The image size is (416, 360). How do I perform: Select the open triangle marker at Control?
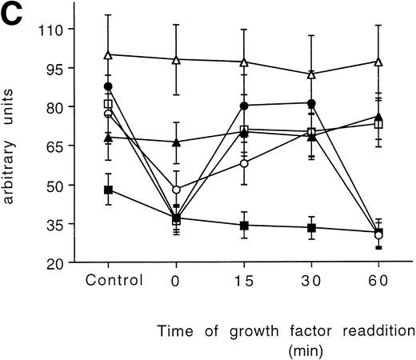pos(108,54)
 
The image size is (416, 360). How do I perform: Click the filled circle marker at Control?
pos(108,86)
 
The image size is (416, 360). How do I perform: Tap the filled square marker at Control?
pos(108,190)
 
